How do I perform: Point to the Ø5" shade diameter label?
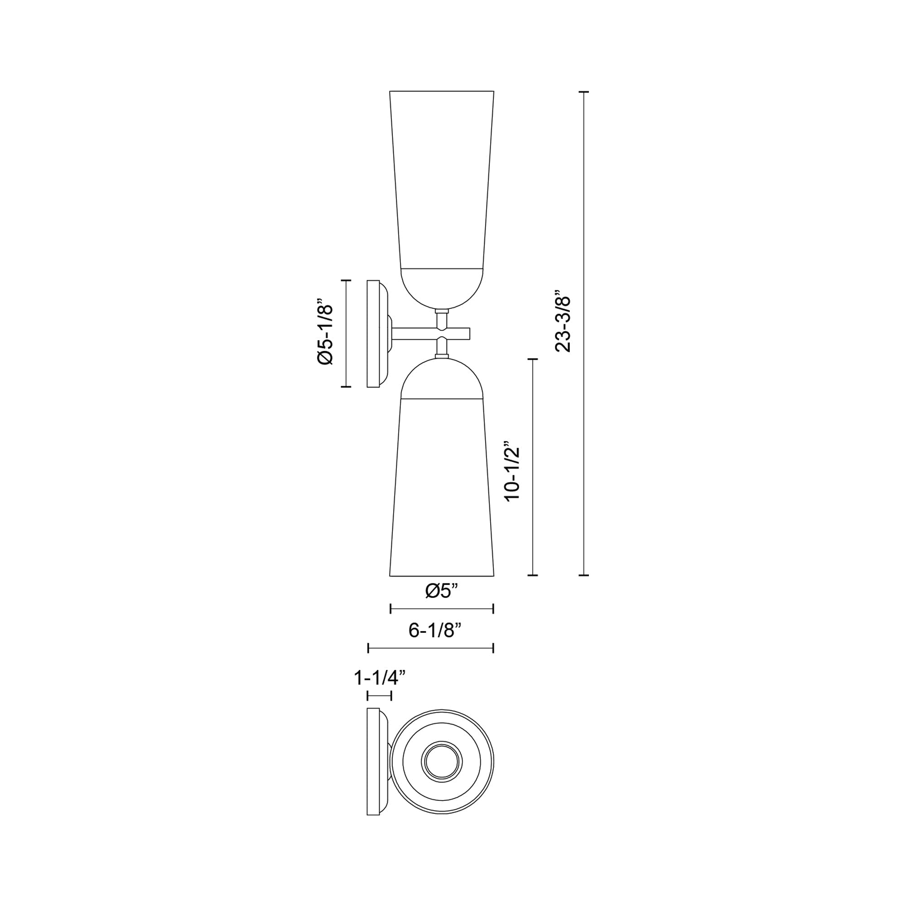[x=441, y=591]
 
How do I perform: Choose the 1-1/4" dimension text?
[x=379, y=677]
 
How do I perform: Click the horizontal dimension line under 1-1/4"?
[x=379, y=708]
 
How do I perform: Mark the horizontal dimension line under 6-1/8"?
[x=431, y=649]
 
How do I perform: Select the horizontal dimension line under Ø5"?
[x=442, y=609]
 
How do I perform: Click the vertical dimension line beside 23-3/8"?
[x=583, y=333]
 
